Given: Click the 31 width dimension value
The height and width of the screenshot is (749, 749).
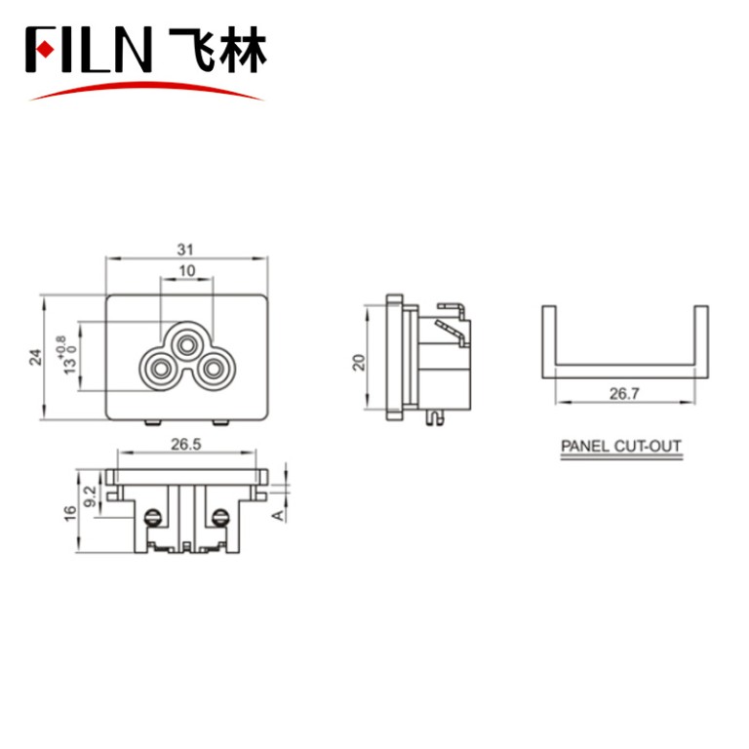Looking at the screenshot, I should (185, 249).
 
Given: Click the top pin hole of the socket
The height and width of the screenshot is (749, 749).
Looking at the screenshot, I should (184, 343).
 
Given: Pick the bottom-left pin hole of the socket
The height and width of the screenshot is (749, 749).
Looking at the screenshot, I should (157, 370).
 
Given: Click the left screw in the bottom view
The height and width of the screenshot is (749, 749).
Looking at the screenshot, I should (153, 517).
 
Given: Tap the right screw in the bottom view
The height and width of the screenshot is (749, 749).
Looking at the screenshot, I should (220, 517).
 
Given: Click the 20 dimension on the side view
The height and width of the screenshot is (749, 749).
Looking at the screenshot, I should (358, 362).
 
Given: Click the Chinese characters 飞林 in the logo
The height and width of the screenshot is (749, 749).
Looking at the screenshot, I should (216, 51).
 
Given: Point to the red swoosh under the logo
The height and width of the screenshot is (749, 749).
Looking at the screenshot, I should (146, 89).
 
